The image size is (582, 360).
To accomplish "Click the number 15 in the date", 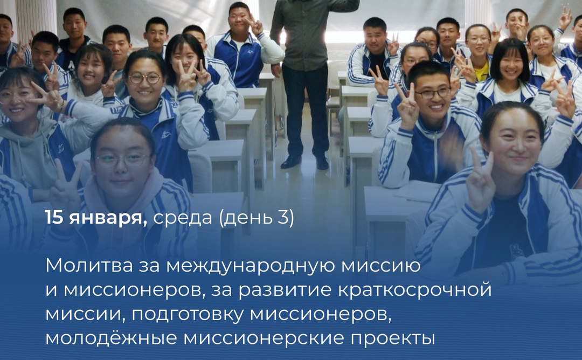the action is coord(54,217).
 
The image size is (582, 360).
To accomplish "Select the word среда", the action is coord(183,218).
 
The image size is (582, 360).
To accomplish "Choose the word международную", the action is coord(251,266).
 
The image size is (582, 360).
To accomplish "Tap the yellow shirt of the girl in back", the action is coord(481,73).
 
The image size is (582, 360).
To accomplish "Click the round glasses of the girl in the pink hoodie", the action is coord(122,161).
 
